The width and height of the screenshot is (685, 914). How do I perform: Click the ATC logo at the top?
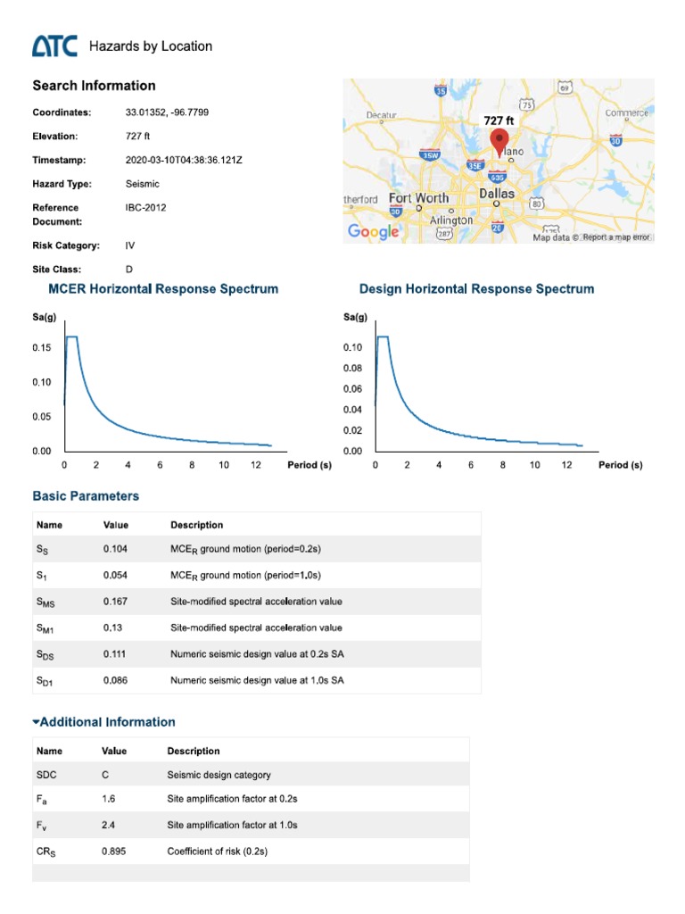[x=55, y=46]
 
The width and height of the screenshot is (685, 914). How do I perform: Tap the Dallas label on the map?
[x=497, y=193]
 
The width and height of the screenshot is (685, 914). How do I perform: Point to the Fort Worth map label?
[x=418, y=197]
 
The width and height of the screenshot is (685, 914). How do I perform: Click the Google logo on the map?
[x=373, y=231]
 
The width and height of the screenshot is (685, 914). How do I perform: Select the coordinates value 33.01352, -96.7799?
[x=168, y=112]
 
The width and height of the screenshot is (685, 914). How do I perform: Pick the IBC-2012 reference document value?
[x=146, y=207]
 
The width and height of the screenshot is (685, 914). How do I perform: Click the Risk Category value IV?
[x=131, y=245]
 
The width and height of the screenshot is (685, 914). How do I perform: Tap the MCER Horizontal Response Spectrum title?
[x=162, y=289]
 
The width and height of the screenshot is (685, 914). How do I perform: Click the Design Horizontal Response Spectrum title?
[x=476, y=289]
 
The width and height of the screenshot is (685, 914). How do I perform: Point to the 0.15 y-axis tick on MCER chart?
[x=42, y=347]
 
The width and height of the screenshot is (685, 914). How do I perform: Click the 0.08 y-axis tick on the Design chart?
[x=353, y=368]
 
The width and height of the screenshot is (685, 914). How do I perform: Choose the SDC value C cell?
[x=106, y=775]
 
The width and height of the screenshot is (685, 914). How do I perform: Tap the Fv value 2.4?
[x=109, y=826]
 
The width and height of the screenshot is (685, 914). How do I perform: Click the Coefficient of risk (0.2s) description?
[x=218, y=852]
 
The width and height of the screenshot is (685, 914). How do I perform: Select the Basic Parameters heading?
[x=86, y=495]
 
